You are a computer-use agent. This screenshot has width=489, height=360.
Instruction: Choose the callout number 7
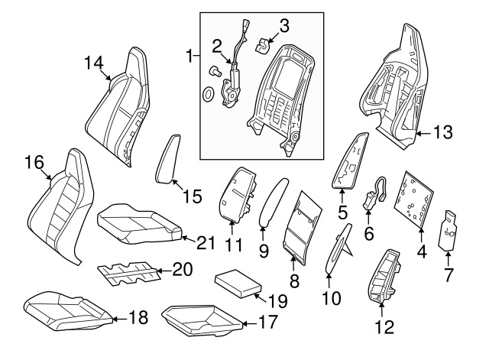[449, 273]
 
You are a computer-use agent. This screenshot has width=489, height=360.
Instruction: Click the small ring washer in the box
[208, 95]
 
